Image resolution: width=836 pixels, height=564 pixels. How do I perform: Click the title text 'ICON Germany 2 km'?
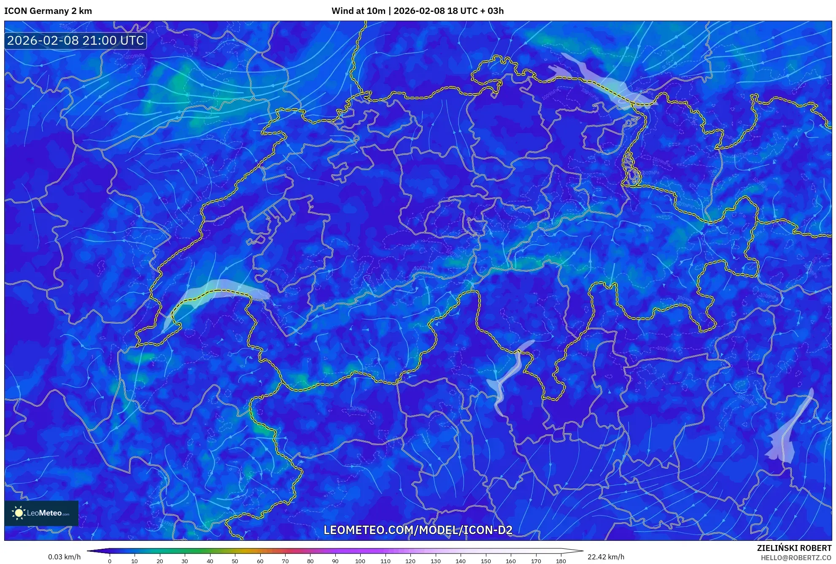48,11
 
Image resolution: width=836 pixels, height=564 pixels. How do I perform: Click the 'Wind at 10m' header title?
358,11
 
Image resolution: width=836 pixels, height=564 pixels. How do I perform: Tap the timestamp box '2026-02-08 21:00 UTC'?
76,40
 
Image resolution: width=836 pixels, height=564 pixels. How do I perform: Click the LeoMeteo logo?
41,513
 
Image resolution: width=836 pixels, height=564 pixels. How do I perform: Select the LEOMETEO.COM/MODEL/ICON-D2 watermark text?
418,530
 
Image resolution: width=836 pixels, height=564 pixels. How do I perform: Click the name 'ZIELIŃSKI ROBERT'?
794,548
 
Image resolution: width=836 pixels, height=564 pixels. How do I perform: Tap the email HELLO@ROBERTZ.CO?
796,558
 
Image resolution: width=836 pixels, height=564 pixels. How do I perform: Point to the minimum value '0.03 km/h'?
64,557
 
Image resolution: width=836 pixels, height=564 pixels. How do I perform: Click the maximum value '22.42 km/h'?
606,557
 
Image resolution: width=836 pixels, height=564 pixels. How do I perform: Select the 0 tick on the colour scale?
110,561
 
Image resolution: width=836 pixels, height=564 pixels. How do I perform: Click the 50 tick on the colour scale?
235,561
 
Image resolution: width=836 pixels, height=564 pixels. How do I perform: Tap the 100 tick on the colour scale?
360,561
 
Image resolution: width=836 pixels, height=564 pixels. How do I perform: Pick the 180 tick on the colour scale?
561,561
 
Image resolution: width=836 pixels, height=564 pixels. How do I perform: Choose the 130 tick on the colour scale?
435,561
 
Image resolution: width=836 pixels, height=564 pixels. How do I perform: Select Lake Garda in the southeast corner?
787,434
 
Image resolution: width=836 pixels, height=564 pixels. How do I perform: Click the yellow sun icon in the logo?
19,513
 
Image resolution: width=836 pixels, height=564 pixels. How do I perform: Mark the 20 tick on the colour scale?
160,561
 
